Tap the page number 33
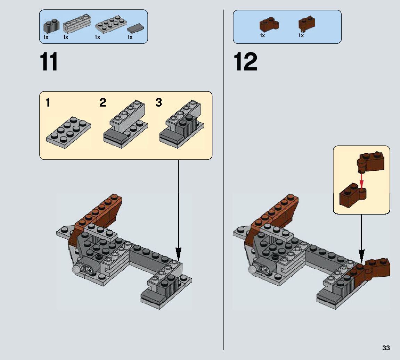386,348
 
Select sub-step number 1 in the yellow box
48,103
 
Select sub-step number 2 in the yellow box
103,103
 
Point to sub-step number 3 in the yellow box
158,103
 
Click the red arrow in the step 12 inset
362,181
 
